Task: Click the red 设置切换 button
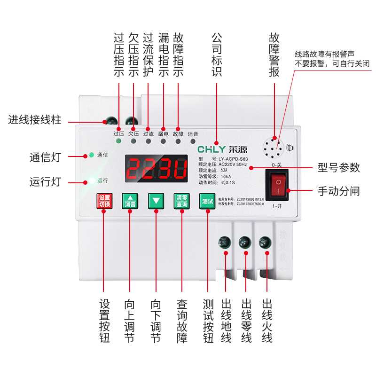click(104, 201)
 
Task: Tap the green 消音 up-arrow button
click(130, 201)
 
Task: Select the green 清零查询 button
click(181, 201)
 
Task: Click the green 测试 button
click(207, 201)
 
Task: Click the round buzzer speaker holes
click(273, 149)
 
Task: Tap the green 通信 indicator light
click(90, 155)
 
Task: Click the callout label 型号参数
click(338, 168)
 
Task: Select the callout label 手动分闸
click(338, 191)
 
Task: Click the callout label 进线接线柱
click(35, 120)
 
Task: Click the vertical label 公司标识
click(217, 55)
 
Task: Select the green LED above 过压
click(118, 128)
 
